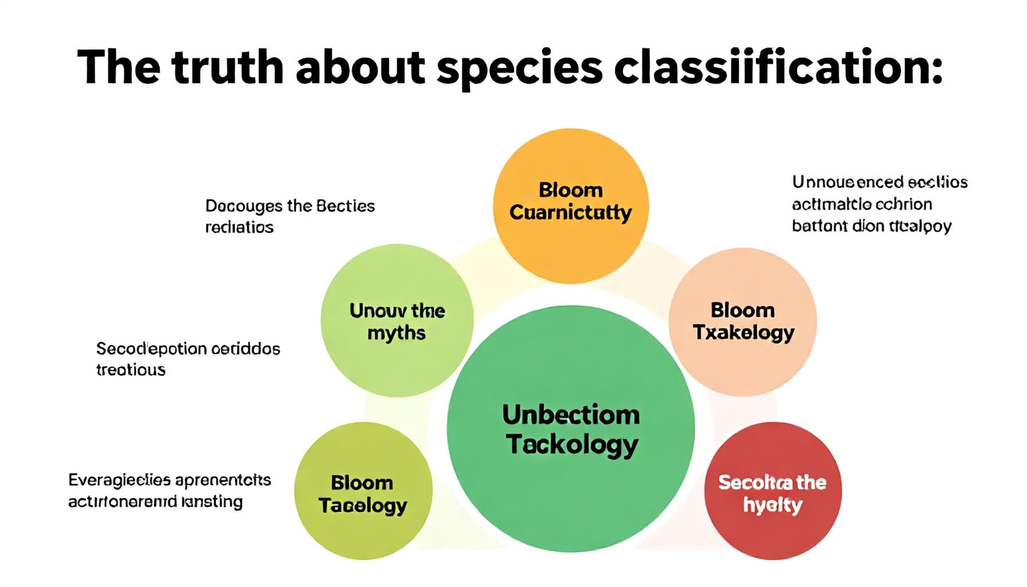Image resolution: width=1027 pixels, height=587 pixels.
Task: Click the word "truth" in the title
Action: click(227, 67)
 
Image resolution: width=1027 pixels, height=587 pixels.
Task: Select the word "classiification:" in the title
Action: click(778, 67)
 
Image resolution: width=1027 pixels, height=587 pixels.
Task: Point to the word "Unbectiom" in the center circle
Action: click(571, 415)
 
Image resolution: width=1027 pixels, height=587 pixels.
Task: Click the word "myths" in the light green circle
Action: click(397, 333)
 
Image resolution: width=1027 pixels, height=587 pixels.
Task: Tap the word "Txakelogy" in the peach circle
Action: click(743, 332)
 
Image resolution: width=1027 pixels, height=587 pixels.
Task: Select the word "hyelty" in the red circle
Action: click(772, 505)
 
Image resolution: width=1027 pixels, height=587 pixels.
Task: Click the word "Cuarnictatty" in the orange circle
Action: click(571, 213)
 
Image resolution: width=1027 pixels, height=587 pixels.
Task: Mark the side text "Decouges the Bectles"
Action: click(290, 206)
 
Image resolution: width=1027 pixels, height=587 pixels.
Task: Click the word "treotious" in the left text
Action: click(131, 370)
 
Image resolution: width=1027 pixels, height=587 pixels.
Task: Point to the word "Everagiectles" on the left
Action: click(119, 480)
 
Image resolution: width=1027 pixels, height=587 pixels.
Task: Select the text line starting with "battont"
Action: click(871, 226)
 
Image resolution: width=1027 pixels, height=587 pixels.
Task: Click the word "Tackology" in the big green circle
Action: click(572, 445)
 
